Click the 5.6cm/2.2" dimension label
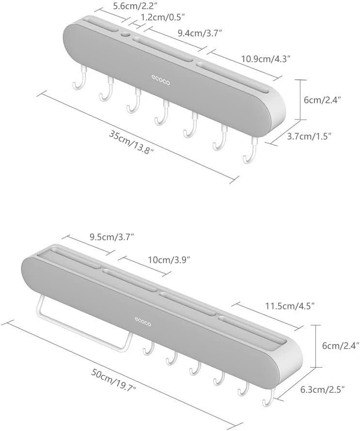tap(135, 5)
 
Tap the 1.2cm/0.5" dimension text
tap(162, 17)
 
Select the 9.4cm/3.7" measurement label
tap(200, 33)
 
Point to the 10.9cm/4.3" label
tap(266, 59)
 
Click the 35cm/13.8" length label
tap(131, 142)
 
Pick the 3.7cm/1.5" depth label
tap(309, 137)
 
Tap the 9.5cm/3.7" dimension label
tap(111, 237)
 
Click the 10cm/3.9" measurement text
tap(169, 260)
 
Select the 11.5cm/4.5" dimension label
tap(290, 306)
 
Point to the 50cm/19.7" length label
tap(113, 380)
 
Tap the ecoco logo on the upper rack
tap(160, 80)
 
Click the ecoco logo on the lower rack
tap(143, 322)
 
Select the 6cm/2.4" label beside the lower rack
tap(341, 345)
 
